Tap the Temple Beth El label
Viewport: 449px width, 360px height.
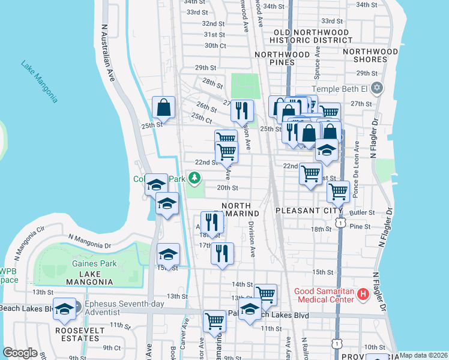(x=340, y=88)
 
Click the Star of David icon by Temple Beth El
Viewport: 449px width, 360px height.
(x=377, y=88)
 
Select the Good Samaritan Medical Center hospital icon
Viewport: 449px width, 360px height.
(x=363, y=294)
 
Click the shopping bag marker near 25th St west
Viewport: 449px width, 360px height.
(x=163, y=108)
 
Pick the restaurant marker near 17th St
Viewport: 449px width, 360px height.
(x=222, y=254)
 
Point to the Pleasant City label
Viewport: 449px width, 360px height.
(x=309, y=211)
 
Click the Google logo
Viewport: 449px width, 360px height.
(x=20, y=353)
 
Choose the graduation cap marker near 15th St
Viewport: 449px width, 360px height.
(x=169, y=255)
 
